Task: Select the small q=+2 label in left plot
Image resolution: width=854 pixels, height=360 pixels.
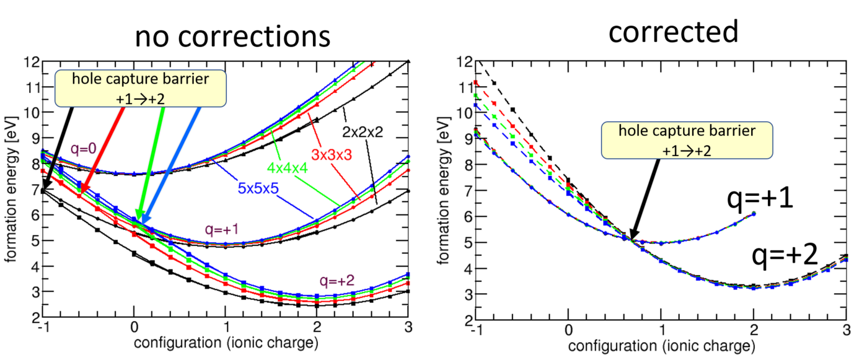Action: pos(337,279)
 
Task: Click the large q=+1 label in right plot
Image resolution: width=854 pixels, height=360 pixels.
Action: pos(762,200)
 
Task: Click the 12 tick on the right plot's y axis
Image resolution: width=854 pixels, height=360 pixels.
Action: pos(464,62)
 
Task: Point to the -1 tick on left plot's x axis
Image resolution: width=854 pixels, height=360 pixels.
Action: pos(42,327)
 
